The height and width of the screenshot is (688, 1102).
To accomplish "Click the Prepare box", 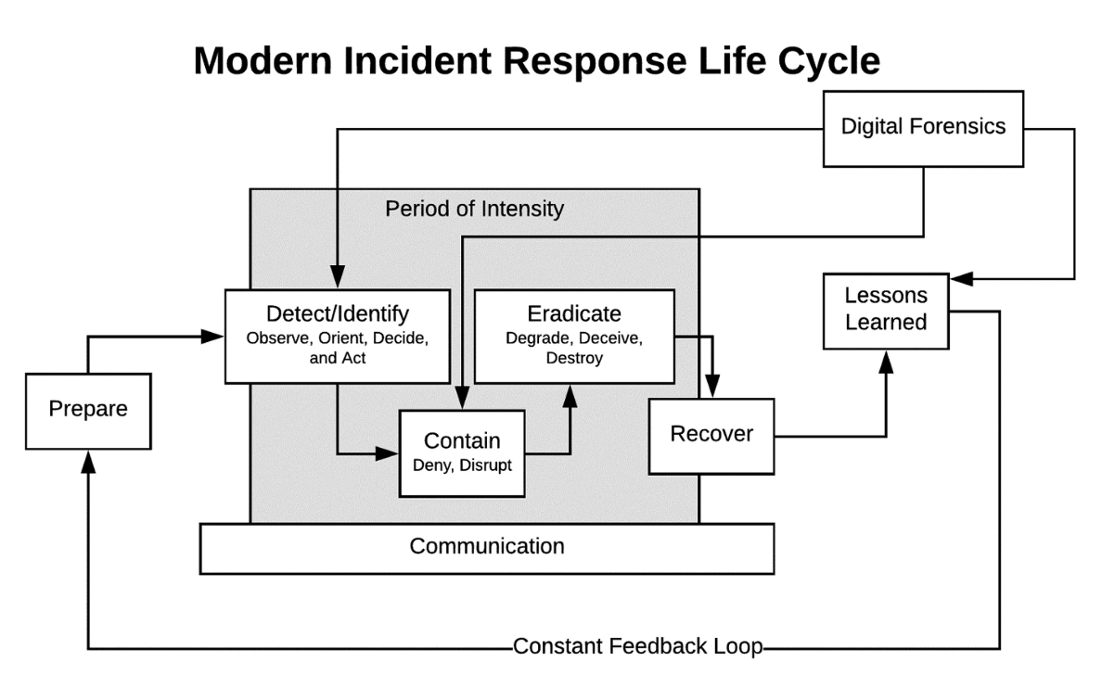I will (88, 410).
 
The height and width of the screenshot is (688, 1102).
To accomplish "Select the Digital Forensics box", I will (923, 127).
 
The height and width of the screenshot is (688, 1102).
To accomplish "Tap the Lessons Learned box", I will (886, 310).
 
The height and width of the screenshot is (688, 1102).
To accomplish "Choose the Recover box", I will (711, 434).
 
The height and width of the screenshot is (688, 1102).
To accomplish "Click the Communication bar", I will (487, 547).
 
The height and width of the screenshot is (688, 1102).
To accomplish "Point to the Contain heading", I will (462, 440).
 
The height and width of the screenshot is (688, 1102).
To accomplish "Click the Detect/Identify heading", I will (338, 312).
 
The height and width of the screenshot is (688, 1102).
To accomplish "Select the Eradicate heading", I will (574, 312).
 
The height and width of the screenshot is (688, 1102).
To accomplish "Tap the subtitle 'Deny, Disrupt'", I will (462, 465).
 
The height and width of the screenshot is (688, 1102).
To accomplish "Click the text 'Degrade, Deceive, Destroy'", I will (574, 347).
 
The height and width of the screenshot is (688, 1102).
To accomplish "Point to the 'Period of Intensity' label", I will (474, 209).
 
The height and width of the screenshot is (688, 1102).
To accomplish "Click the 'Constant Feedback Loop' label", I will (637, 647).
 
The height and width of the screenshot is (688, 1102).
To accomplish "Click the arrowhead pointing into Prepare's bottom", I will (88, 461).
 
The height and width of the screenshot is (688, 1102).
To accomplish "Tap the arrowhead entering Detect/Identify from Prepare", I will (215, 337).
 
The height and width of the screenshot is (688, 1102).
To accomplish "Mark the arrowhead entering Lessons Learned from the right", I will (960, 278).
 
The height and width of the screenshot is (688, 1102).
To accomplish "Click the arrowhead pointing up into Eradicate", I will (570, 394).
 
